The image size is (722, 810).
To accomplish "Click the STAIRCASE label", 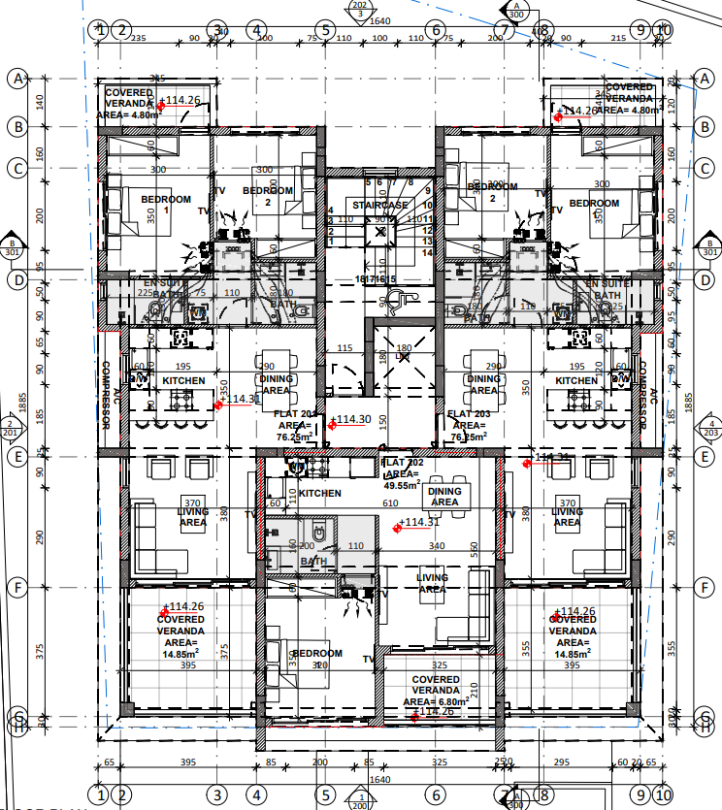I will pos(380,206).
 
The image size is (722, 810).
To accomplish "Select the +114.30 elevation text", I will pos(350,420).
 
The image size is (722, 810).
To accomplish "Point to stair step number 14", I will pos(426,252).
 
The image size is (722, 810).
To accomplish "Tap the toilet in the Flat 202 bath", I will pos(319,533).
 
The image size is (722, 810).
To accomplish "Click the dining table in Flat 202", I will pos(445,495).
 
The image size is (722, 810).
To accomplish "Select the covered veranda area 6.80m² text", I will pos(435,700).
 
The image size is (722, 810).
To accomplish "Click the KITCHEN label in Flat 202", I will pos(320,494).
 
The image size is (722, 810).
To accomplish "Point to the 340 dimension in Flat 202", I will pos(436,546).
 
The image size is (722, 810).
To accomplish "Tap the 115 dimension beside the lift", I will pos(345,348).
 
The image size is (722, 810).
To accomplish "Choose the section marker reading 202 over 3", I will pos(360,10).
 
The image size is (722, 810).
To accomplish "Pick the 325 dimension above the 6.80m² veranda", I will pos(439,665).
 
